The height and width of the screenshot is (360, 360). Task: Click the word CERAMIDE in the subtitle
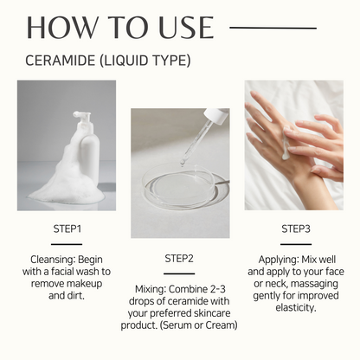(x=61, y=61)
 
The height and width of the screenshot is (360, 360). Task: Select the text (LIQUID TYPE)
(x=145, y=61)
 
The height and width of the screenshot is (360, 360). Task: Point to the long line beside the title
(x=273, y=28)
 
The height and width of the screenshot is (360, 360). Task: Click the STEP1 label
(x=67, y=228)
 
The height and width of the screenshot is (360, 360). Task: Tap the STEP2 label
(x=179, y=259)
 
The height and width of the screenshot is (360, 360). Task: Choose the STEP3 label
(x=296, y=228)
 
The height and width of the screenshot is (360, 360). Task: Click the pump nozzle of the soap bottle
(x=81, y=114)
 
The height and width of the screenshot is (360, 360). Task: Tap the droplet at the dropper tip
(x=183, y=163)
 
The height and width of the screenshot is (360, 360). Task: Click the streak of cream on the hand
(x=286, y=145)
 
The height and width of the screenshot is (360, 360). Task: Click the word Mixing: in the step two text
(x=151, y=289)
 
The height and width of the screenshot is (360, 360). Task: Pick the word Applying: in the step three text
(x=279, y=260)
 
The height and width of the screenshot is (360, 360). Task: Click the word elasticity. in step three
(x=296, y=307)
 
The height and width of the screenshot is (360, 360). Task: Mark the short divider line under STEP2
(x=179, y=273)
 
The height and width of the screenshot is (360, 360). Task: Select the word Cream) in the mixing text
(x=222, y=325)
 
